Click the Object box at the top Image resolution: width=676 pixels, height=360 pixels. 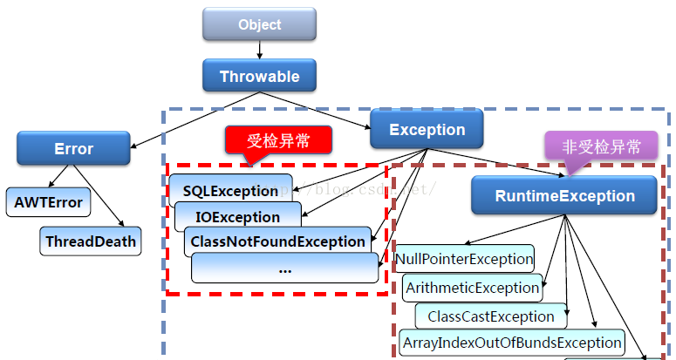[x=260, y=24]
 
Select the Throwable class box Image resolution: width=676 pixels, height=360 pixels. [x=259, y=77]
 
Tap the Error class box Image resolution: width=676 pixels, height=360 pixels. [x=73, y=148]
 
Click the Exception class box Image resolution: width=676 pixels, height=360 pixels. [x=427, y=131]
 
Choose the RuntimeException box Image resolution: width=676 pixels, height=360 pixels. [x=564, y=196]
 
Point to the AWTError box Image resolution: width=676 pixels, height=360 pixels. [x=48, y=203]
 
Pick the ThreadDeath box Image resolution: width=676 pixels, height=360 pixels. [x=91, y=241]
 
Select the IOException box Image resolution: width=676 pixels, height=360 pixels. [x=238, y=216]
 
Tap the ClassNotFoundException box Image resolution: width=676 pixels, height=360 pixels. [x=277, y=241]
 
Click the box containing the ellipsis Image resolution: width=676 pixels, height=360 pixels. [x=285, y=268]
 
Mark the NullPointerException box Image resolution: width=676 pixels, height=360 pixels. [x=464, y=259]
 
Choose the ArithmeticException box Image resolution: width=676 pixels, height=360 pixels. [x=472, y=287]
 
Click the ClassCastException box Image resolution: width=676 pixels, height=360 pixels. [x=491, y=316]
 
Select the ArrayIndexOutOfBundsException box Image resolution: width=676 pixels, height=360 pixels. [x=512, y=343]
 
